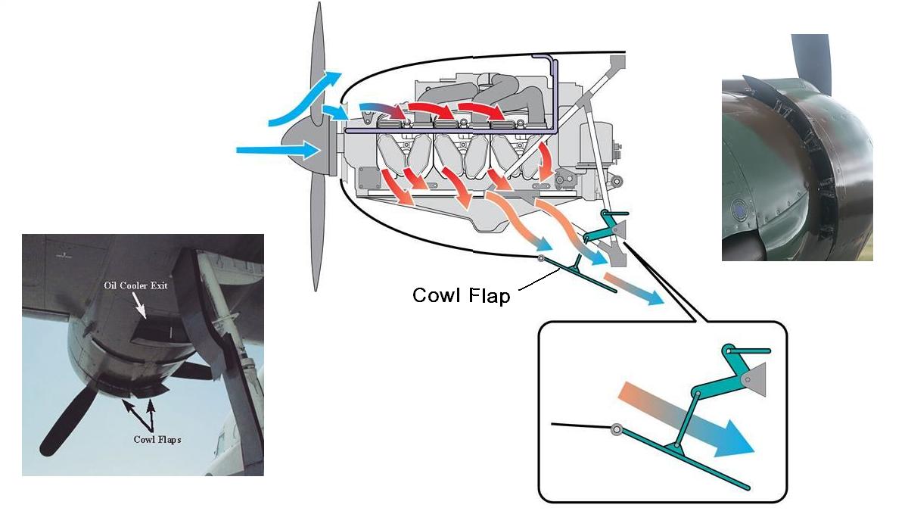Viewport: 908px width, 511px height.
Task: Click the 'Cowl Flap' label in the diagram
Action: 461,295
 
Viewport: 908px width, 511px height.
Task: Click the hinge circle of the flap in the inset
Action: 617,430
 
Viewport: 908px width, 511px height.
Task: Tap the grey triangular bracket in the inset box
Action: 753,376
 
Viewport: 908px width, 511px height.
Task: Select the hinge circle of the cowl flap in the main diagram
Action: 542,259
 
